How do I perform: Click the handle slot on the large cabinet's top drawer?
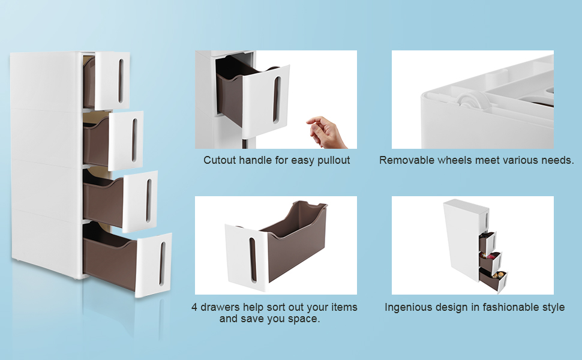(121, 81)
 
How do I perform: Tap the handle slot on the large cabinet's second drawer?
(134, 140)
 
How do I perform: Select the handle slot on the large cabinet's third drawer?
(148, 201)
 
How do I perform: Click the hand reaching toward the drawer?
(326, 132)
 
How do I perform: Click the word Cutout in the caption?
(220, 160)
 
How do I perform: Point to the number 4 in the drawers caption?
(194, 307)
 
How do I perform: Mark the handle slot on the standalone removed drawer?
(253, 259)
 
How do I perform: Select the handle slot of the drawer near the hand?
(276, 100)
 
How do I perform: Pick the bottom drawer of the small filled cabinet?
(493, 280)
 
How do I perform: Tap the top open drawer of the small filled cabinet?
(487, 241)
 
